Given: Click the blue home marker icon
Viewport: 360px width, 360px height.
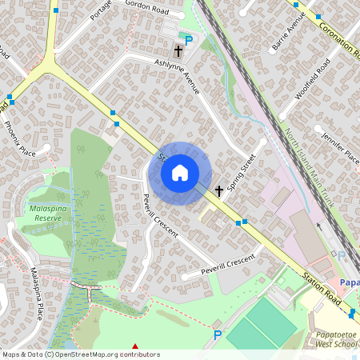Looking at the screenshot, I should click(x=180, y=173).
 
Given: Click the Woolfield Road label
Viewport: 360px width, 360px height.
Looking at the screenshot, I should click(x=312, y=85).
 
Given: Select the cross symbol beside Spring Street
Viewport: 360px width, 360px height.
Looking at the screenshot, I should click(x=218, y=191).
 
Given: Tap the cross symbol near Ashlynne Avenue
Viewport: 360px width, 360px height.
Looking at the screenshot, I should click(x=178, y=51).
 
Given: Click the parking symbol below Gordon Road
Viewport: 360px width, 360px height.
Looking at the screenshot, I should click(x=189, y=41).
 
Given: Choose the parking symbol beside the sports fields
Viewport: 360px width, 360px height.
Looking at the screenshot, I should click(x=217, y=334).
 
